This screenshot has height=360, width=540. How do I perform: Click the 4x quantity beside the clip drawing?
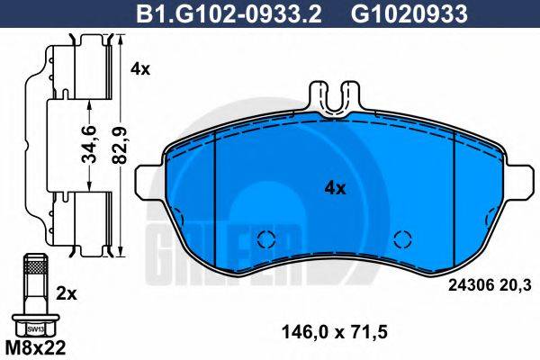click(x=139, y=68)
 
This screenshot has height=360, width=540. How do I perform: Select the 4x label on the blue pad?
click(x=334, y=188)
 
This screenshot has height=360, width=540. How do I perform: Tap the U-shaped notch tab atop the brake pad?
click(x=332, y=97)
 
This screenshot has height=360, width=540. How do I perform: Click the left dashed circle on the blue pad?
click(x=265, y=239)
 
